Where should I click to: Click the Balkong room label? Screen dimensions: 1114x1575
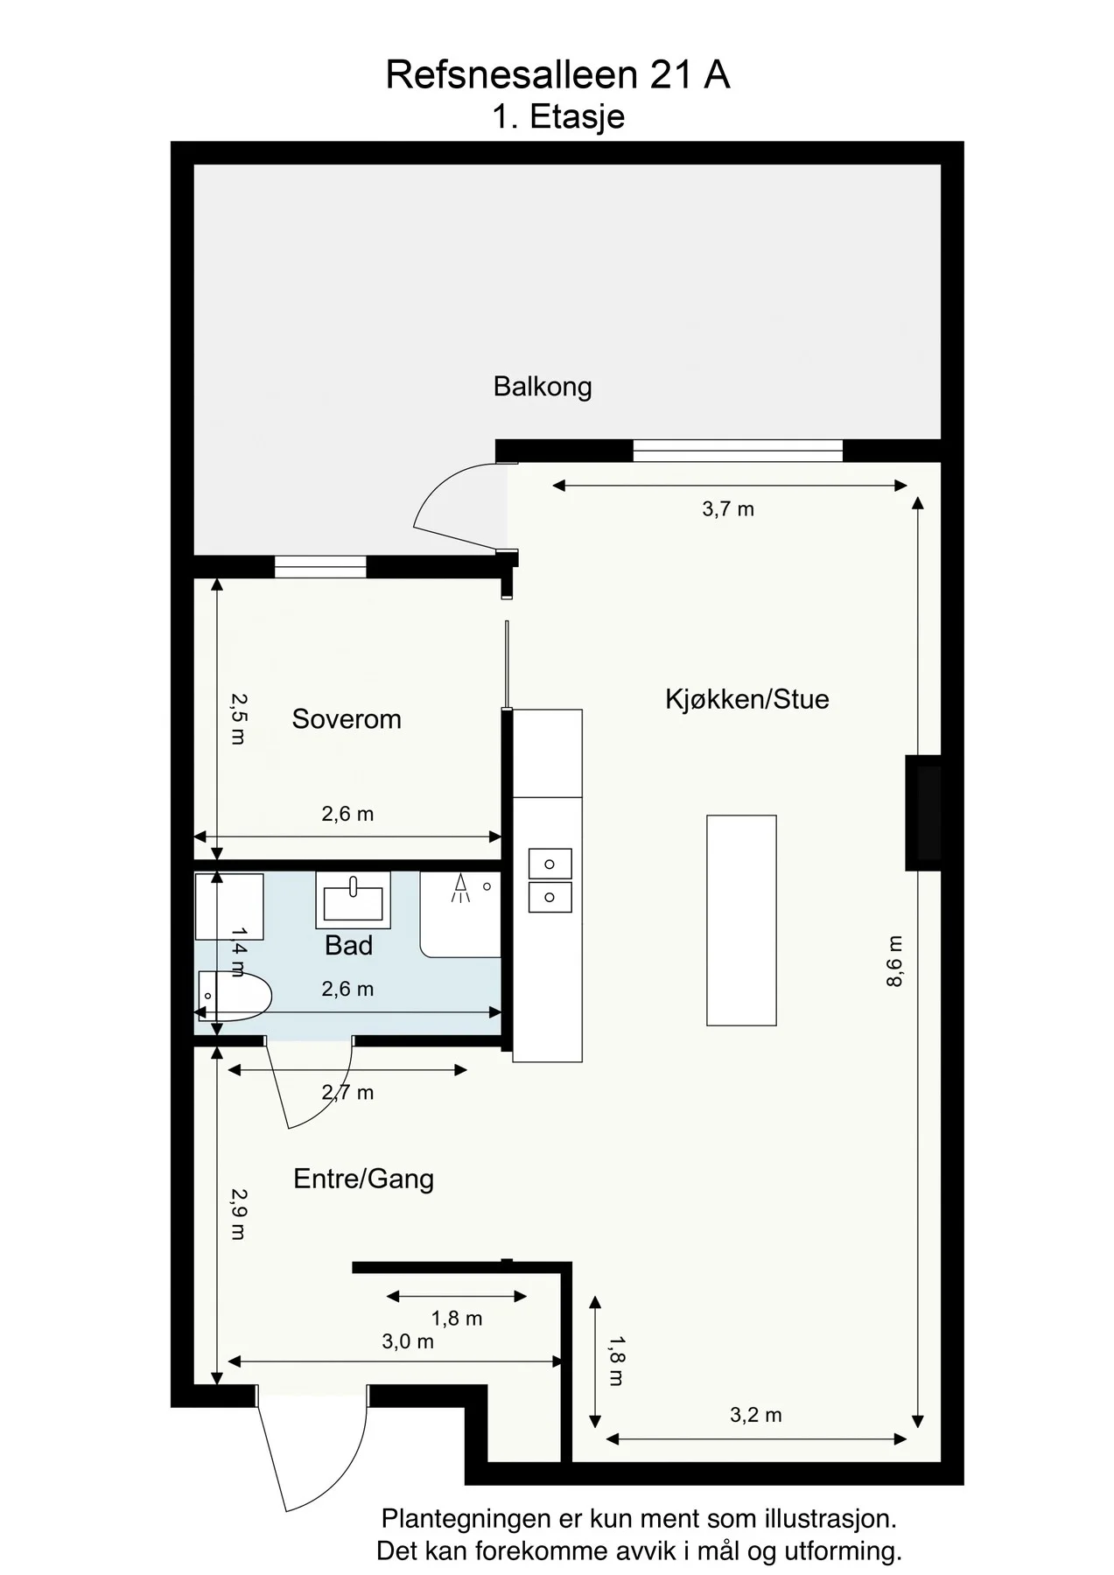[543, 387]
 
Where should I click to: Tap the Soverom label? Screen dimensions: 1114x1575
[347, 719]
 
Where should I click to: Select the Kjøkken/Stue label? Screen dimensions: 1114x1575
[747, 699]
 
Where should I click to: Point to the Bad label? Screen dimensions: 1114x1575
[348, 946]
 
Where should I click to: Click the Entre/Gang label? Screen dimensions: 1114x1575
[364, 1179]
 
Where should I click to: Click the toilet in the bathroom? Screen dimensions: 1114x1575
[235, 996]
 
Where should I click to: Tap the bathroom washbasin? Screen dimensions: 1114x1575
[353, 900]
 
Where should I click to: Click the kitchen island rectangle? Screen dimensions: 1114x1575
[741, 920]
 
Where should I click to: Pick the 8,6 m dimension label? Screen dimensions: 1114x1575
[893, 962]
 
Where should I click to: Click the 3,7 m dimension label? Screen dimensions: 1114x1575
[728, 509]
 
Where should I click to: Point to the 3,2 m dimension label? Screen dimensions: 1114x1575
[756, 1415]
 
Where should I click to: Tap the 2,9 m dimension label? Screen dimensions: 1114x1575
[238, 1214]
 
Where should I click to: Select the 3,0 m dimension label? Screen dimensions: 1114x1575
[408, 1341]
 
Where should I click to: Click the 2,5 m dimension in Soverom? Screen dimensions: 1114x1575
[238, 718]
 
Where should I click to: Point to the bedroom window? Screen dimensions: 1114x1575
[320, 567]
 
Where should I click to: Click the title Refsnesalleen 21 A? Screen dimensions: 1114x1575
[557, 75]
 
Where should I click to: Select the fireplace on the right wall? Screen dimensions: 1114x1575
[924, 813]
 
